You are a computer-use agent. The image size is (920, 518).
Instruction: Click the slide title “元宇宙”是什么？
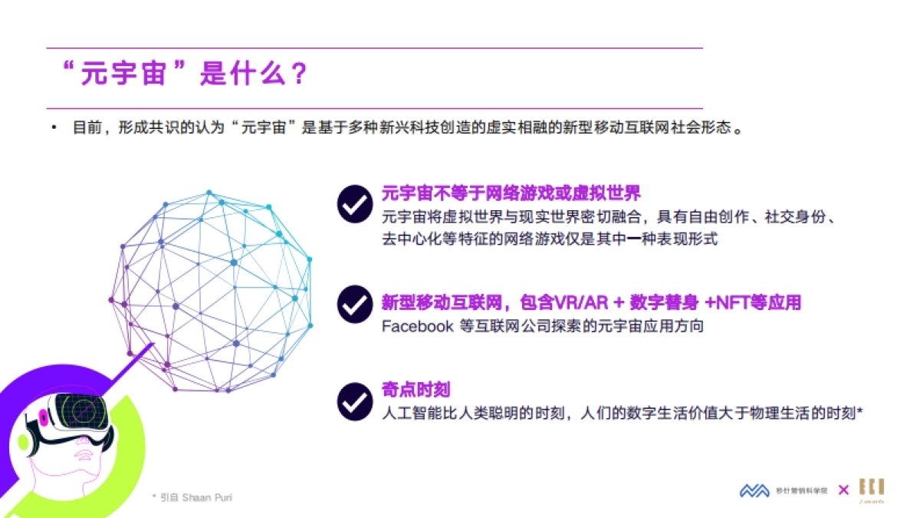point(184,75)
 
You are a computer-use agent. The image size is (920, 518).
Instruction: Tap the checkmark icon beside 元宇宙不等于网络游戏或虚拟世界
point(355,203)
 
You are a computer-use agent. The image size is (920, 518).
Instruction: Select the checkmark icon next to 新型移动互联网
point(355,304)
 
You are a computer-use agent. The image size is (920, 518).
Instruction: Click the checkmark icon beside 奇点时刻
point(355,401)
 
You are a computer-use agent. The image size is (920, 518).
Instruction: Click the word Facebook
point(418,326)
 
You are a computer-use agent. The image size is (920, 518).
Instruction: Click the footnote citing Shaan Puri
point(192,497)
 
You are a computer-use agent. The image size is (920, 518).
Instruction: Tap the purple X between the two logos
point(843,490)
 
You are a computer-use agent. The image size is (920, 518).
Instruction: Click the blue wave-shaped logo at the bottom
point(754,490)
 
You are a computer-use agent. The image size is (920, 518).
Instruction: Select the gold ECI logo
point(871,490)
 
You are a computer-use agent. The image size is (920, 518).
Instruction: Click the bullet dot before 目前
point(54,127)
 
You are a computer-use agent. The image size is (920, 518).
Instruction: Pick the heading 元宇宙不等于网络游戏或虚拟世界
point(511,193)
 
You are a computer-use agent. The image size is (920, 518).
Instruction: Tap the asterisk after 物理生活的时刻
point(860,411)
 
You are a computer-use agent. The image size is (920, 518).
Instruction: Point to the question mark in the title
point(299,75)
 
